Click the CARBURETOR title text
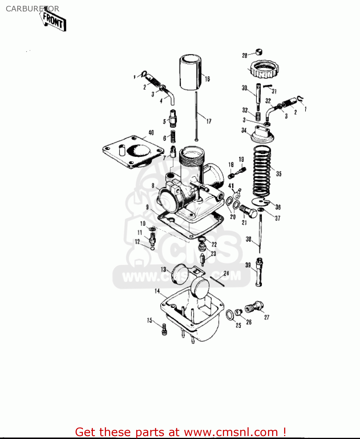[x=32, y=9]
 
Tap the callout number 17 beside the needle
[x=209, y=121]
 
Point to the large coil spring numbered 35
[x=262, y=171]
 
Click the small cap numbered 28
[x=259, y=52]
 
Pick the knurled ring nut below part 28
[x=264, y=69]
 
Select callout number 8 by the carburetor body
[x=153, y=186]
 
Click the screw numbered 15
[x=164, y=329]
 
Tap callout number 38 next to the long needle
[x=248, y=239]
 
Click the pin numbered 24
[x=217, y=281]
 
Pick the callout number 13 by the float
[x=163, y=270]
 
